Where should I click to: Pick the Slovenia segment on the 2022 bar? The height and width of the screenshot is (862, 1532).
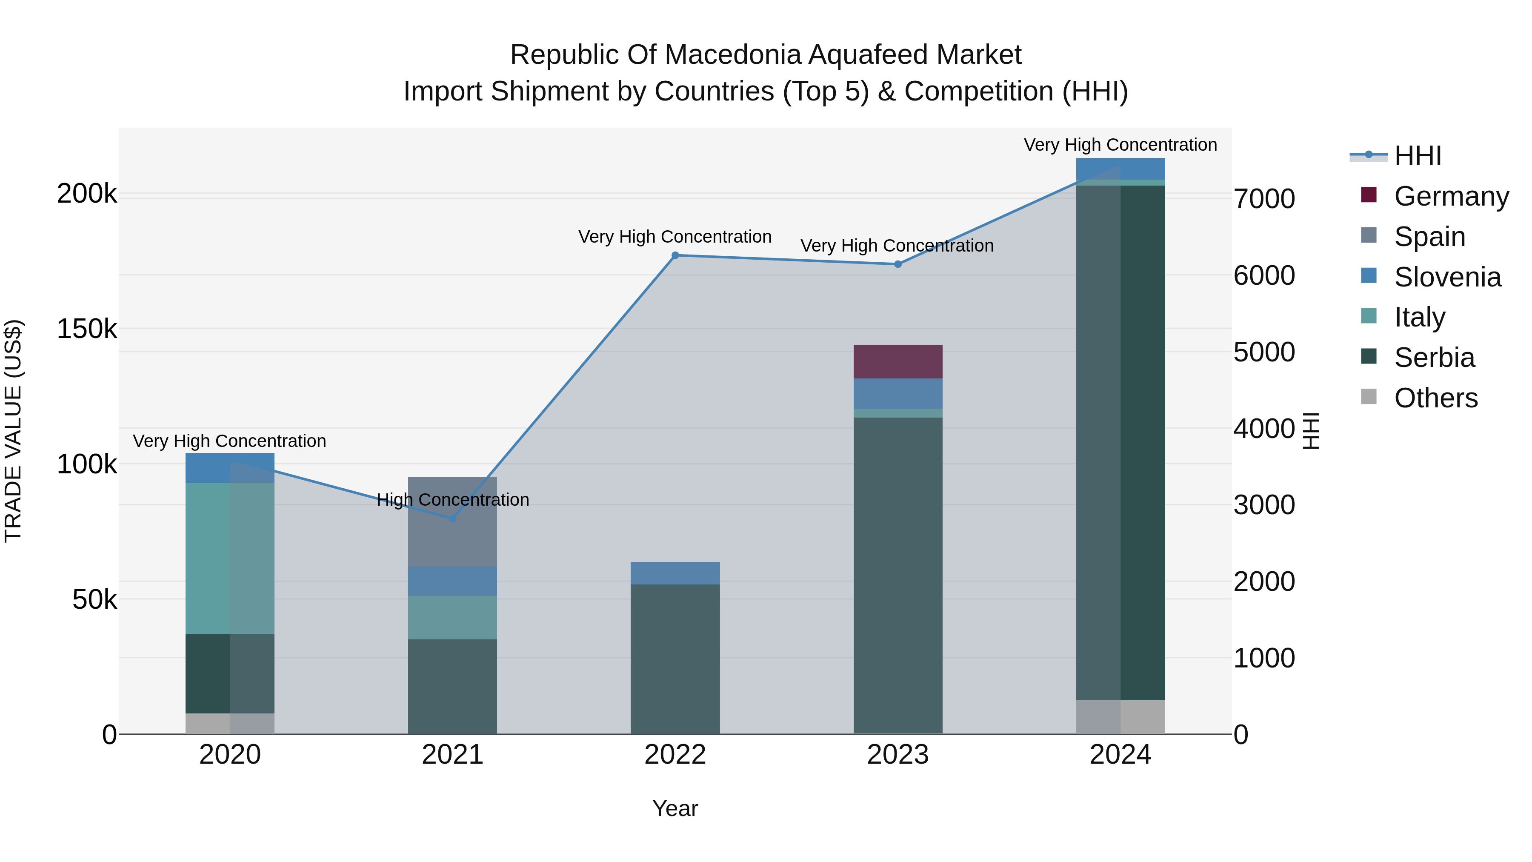point(675,573)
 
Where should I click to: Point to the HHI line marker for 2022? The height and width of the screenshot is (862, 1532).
point(675,255)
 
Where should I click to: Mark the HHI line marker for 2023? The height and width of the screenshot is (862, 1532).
point(897,264)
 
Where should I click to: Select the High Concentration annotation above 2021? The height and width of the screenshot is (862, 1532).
point(453,500)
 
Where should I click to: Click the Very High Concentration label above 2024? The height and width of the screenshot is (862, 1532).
point(1120,145)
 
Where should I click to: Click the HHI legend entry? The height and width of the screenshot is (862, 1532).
point(1417,156)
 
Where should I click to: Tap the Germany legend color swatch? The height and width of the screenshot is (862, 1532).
point(1369,195)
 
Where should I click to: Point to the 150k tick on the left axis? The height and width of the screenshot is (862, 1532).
point(87,329)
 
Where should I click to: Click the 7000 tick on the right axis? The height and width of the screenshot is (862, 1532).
point(1264,199)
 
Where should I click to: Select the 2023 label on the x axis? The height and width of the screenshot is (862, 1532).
point(897,755)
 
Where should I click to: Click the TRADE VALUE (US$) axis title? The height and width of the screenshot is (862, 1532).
point(13,431)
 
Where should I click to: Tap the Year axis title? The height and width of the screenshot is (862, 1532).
point(675,808)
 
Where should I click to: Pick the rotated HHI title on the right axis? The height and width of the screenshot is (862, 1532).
point(1311,431)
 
